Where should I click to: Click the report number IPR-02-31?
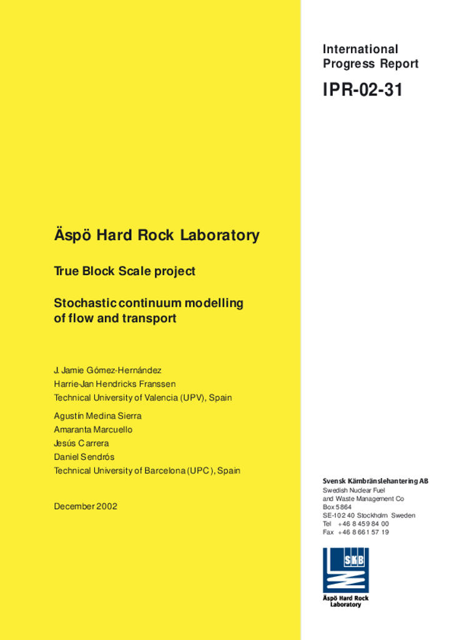[362, 90]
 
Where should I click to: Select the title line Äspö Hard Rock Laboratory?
[156, 236]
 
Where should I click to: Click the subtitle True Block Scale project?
[124, 271]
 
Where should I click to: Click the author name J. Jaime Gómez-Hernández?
[107, 371]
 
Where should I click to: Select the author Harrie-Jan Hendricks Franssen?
[114, 384]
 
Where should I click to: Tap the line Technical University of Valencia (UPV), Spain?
[142, 397]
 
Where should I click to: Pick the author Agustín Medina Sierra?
[97, 416]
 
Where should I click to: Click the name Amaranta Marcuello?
[93, 429]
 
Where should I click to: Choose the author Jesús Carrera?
[81, 443]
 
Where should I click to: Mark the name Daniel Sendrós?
[84, 457]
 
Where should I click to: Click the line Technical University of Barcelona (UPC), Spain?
[147, 471]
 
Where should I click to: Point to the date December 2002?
[86, 506]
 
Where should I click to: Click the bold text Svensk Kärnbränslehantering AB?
[375, 481]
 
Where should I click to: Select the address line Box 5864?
[337, 507]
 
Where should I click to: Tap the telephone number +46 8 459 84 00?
[363, 524]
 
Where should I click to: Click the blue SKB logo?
[345, 570]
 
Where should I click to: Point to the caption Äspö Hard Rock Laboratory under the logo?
[345, 601]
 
